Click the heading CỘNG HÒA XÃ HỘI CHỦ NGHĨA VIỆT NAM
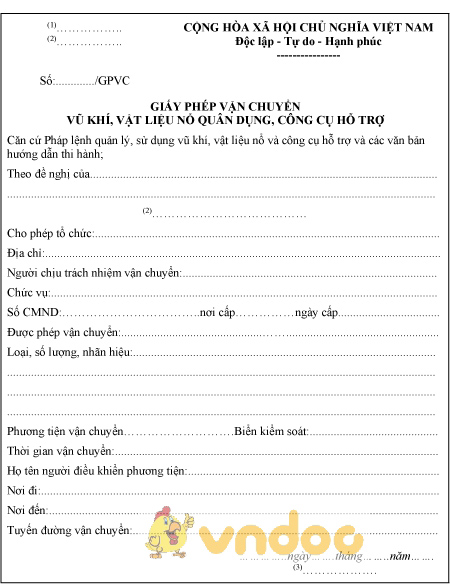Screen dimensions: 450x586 (308, 27)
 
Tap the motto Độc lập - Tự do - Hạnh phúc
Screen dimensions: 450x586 (308, 43)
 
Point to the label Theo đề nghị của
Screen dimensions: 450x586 (47, 174)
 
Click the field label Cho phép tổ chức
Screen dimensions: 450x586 (49, 233)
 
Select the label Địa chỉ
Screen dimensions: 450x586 (25, 254)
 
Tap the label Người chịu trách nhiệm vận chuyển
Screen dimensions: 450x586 (93, 273)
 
